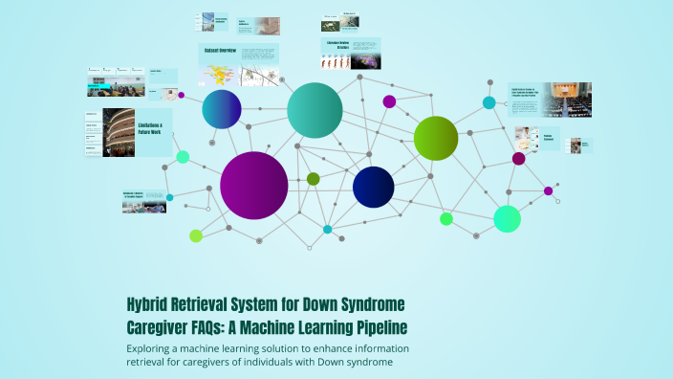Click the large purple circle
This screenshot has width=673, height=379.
click(253, 186)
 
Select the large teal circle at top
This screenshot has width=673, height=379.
click(315, 110)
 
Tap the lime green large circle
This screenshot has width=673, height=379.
click(436, 138)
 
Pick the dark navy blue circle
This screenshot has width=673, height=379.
click(373, 187)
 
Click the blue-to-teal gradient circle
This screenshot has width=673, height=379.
click(222, 109)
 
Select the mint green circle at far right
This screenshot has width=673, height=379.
click(507, 219)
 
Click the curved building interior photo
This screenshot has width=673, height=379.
click(118, 132)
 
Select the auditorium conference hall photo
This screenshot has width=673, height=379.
click(570, 98)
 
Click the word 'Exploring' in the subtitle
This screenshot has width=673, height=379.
click(155, 347)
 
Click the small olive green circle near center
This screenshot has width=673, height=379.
click(313, 179)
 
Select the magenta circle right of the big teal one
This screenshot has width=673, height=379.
click(389, 101)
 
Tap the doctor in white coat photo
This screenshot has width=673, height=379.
click(526, 137)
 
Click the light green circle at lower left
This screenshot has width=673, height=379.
click(196, 235)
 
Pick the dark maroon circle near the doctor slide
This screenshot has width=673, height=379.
click(518, 159)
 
